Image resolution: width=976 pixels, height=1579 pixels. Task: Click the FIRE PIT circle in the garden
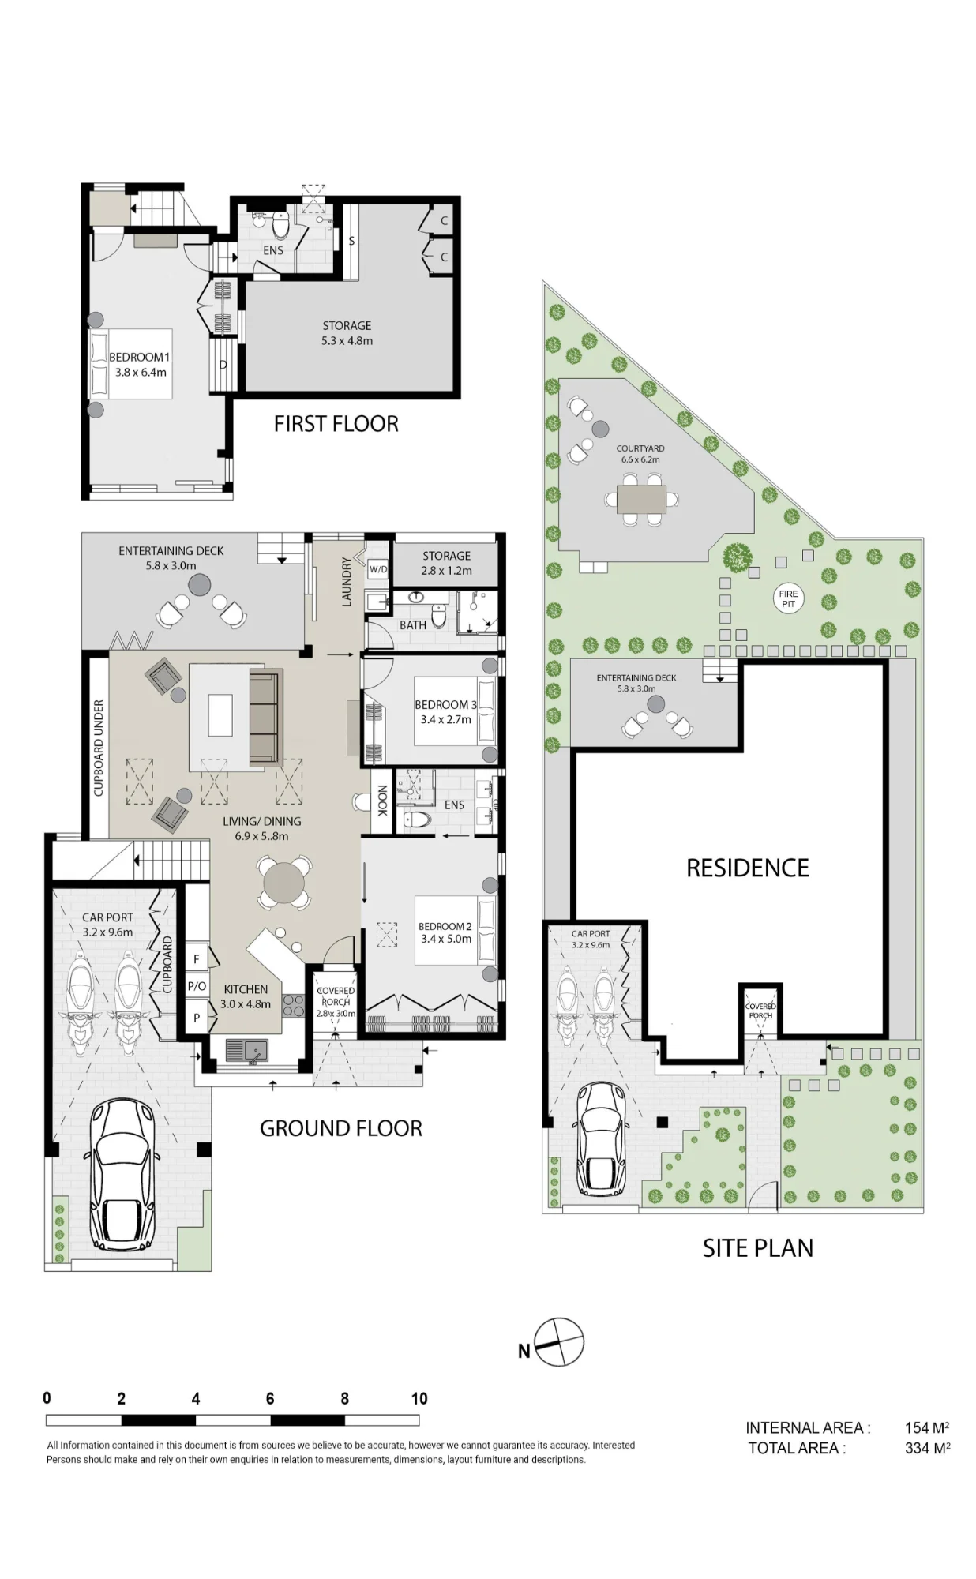point(788,598)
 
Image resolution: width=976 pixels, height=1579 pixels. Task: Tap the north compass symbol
point(559,1342)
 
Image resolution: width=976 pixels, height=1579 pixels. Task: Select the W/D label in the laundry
point(378,569)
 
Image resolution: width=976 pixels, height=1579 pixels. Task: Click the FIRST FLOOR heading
point(336,424)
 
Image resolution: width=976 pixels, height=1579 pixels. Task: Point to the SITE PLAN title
point(758,1248)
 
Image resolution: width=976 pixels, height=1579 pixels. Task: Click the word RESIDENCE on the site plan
point(748,868)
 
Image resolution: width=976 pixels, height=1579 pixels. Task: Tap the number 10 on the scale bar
point(419,1398)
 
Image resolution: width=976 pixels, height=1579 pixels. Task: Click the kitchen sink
point(247,1051)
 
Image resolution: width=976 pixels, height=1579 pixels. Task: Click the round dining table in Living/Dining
point(283,882)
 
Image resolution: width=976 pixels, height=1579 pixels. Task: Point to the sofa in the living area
point(266,718)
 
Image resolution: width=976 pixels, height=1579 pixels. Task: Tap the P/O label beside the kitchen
point(197,986)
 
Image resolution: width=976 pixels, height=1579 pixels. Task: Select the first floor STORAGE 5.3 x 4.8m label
point(347,333)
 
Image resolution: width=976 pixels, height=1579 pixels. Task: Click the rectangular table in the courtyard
point(642,499)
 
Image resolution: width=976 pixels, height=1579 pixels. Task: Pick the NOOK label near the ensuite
point(382,801)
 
